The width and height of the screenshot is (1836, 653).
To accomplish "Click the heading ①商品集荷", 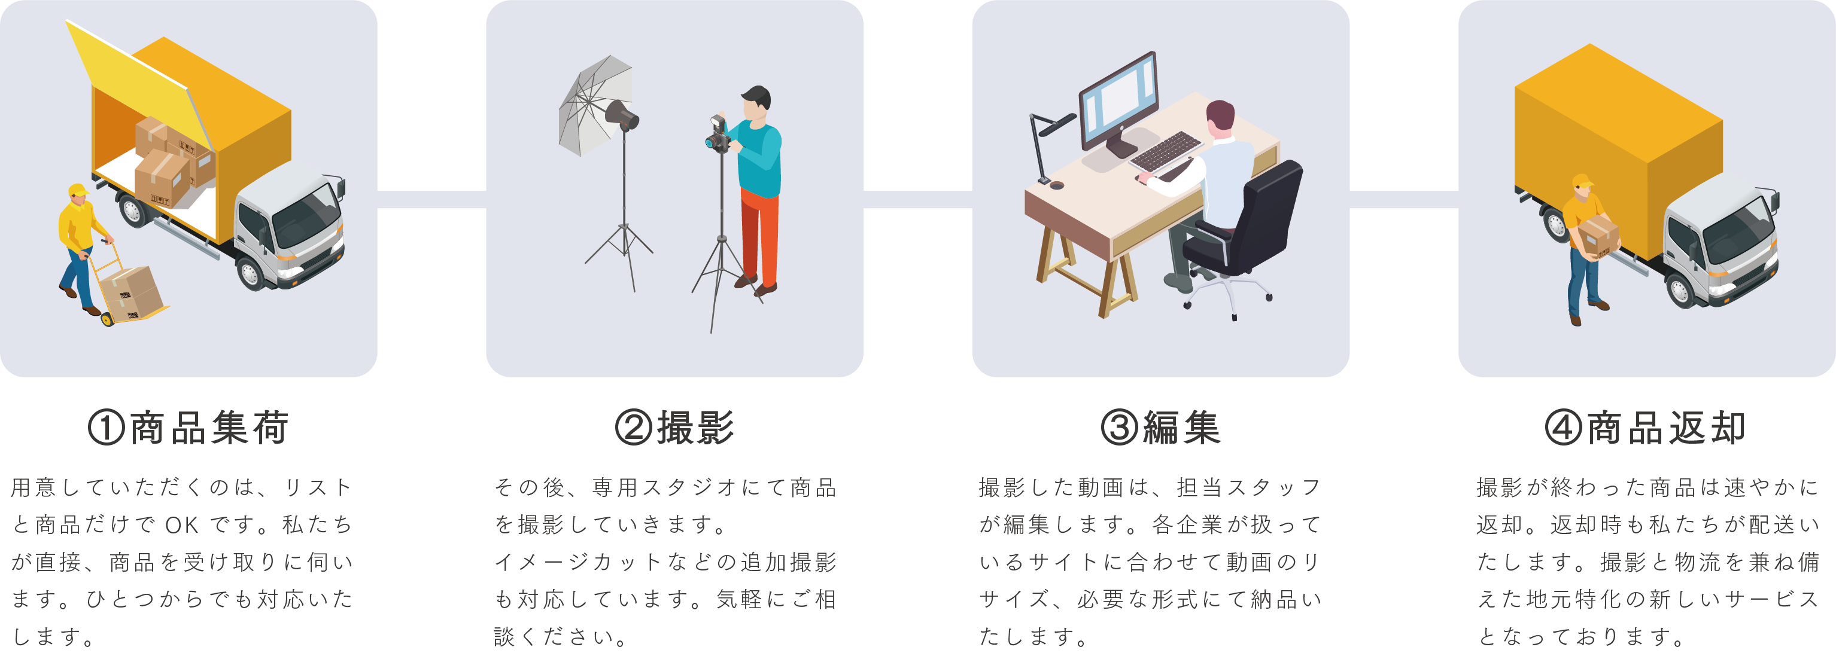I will click(x=189, y=428).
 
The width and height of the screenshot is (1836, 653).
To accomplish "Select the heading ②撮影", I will click(x=674, y=428).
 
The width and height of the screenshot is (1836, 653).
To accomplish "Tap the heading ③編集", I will click(x=1160, y=428).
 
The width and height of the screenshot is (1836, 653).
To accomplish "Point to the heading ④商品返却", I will click(x=1645, y=428).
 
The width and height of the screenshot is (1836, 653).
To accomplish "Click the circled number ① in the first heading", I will click(x=106, y=428).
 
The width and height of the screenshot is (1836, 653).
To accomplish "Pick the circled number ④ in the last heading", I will click(x=1563, y=428).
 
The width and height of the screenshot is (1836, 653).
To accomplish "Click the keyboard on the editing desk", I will click(x=1166, y=151).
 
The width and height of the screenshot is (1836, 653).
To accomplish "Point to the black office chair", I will click(x=1254, y=221).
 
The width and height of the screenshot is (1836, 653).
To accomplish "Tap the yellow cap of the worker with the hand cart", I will click(x=77, y=190).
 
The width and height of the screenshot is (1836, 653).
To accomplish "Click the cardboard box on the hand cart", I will click(x=132, y=292).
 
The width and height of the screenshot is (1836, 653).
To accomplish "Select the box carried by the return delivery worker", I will click(x=1598, y=236).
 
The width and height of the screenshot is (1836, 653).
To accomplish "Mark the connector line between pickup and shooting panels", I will click(x=431, y=199).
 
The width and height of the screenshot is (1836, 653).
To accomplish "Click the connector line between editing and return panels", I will click(x=1403, y=199).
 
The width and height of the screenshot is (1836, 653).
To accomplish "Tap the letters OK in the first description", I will click(x=182, y=526).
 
